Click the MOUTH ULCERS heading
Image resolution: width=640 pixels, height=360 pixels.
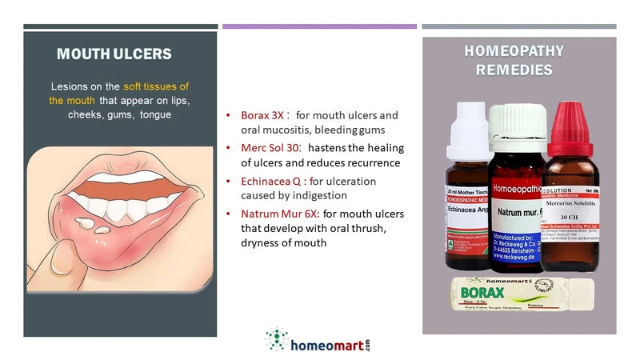(114, 55)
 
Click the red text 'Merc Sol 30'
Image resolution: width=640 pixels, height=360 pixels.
(269, 148)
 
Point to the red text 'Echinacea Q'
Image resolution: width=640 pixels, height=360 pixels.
(271, 182)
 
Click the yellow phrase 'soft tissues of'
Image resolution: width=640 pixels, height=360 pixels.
(156, 86)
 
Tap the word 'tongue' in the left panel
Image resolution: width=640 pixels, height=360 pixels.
(155, 114)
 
